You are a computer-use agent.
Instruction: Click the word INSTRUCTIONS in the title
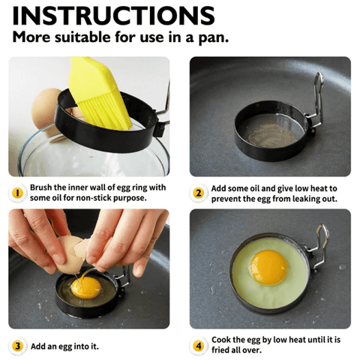(113, 16)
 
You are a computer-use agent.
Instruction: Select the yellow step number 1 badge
(17, 193)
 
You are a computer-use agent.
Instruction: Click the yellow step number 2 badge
(198, 193)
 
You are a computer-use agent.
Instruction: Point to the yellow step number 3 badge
(17, 346)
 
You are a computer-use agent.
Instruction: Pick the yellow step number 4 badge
(199, 346)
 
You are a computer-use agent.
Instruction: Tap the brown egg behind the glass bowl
(46, 108)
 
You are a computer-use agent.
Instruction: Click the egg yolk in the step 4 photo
(269, 268)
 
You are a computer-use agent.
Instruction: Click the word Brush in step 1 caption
(41, 187)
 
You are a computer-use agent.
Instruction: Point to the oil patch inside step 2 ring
(272, 135)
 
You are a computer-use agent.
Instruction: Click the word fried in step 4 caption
(220, 350)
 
